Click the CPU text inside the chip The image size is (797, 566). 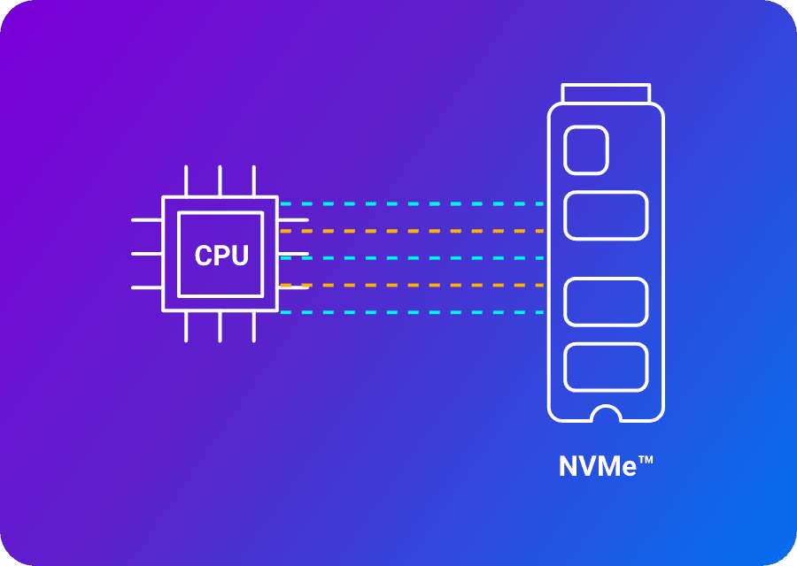pos(221,256)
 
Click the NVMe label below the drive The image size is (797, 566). pos(599,466)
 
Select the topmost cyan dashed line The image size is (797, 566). pos(412,204)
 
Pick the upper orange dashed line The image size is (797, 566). pos(412,232)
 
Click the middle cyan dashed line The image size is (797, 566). pos(412,258)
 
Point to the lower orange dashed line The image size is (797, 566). pos(412,286)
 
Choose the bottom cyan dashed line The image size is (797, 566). pos(412,312)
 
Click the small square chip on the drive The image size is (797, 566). pos(586,149)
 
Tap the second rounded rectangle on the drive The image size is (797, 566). pos(606,215)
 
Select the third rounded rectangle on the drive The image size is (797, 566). pos(606,302)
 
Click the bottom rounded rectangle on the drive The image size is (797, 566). pos(606,367)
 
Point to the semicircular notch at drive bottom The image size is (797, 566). pos(606,414)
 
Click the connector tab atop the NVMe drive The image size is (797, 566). pos(606,93)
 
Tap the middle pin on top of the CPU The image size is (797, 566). pos(221,180)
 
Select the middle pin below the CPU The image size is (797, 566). pos(221,326)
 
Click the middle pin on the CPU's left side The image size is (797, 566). pos(146,254)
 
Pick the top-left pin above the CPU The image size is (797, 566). pos(186,180)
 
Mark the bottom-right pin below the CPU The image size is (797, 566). pos(254,326)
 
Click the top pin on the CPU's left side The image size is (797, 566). pos(146,219)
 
